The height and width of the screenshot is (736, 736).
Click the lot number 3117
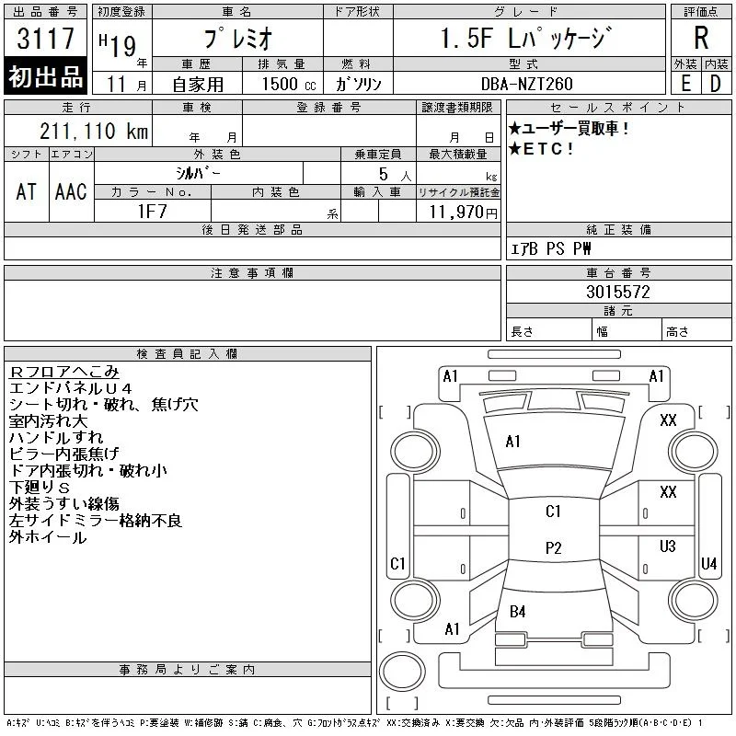coord(45,38)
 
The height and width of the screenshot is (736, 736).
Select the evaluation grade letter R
coord(701,38)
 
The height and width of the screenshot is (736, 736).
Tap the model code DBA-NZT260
coord(526,84)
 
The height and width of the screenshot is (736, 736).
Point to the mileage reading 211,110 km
coord(94,131)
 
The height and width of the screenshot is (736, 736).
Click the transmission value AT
coord(27,191)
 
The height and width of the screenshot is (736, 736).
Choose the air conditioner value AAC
coord(71,191)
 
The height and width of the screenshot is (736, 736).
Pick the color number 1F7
coord(152,212)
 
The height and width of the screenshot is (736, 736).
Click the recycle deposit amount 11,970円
coord(463,213)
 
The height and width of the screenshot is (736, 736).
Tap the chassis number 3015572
coord(617,292)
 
